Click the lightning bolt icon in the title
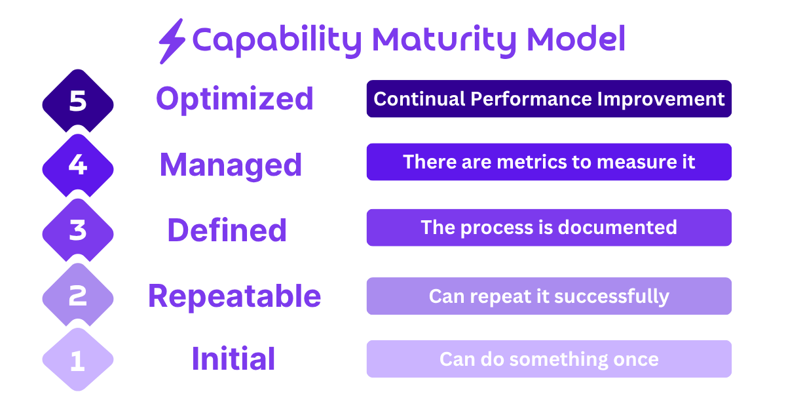pos(172,41)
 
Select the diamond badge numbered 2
pos(78,296)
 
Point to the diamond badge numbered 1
pos(78,360)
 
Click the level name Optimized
pos(234,99)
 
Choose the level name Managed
pos(231,165)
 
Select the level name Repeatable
pos(234,296)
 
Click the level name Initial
pos(233,359)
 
